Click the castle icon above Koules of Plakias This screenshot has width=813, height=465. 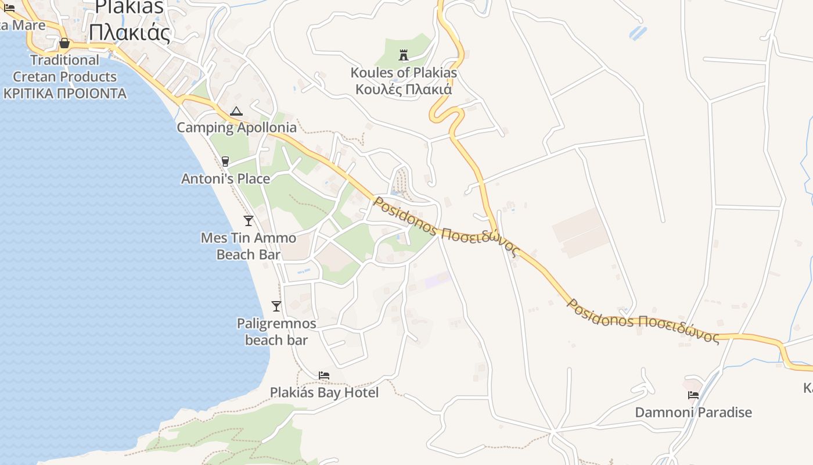pyautogui.click(x=404, y=56)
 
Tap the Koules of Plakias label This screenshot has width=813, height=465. pyautogui.click(x=404, y=73)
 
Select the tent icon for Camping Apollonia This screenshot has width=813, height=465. pyautogui.click(x=236, y=111)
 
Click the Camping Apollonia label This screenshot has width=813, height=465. pyautogui.click(x=236, y=127)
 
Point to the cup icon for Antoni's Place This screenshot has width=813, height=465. pyautogui.click(x=225, y=161)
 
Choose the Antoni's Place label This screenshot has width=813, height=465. pyautogui.click(x=225, y=178)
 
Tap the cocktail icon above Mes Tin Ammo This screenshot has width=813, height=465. pyautogui.click(x=249, y=220)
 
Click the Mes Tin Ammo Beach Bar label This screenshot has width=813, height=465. pyautogui.click(x=249, y=246)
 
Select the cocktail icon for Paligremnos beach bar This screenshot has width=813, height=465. pyautogui.click(x=276, y=306)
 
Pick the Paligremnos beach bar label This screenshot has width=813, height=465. pyautogui.click(x=276, y=331)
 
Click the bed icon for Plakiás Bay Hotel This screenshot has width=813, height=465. pyautogui.click(x=324, y=375)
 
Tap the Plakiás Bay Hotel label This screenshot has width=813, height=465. pyautogui.click(x=324, y=393)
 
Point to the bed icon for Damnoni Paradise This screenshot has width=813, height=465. pyautogui.click(x=693, y=395)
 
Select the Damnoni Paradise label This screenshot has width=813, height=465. pyautogui.click(x=693, y=413)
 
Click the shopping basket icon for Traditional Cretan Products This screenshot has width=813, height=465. pyautogui.click(x=64, y=44)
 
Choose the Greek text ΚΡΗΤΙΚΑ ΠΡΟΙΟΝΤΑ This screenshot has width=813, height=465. pyautogui.click(x=64, y=94)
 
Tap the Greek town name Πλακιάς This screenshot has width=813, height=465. pyautogui.click(x=129, y=33)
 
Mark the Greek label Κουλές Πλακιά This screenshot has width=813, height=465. pyautogui.click(x=404, y=90)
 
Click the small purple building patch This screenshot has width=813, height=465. pyautogui.click(x=438, y=280)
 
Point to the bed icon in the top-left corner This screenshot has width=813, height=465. pyautogui.click(x=9, y=8)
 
